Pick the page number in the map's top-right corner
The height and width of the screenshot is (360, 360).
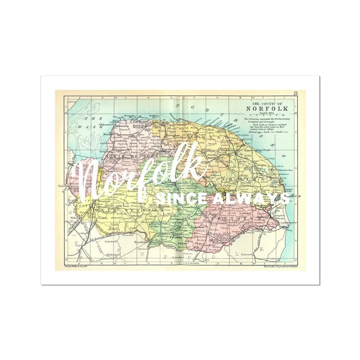tap(296, 94)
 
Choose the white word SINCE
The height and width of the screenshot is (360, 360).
tap(175, 197)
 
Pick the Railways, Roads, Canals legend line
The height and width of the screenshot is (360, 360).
tap(264, 131)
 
